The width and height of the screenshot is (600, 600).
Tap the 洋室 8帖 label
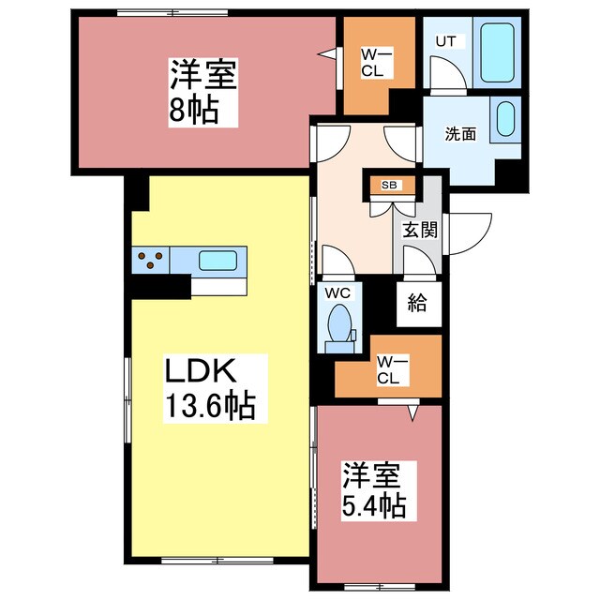click(x=202, y=91)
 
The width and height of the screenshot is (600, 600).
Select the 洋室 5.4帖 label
click(x=373, y=490)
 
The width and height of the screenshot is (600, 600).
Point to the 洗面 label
click(x=460, y=133)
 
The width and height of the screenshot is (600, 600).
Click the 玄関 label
click(x=420, y=229)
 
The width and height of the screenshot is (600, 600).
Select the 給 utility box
click(x=417, y=302)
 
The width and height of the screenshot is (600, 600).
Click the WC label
click(x=337, y=292)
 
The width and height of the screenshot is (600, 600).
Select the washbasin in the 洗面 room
click(x=503, y=120)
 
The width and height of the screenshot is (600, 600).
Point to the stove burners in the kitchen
click(x=150, y=260)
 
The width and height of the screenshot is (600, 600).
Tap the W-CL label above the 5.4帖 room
click(x=387, y=369)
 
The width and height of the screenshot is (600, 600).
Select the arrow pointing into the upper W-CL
click(x=327, y=53)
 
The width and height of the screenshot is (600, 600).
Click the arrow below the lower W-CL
click(x=411, y=411)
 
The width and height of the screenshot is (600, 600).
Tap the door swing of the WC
click(x=335, y=260)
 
